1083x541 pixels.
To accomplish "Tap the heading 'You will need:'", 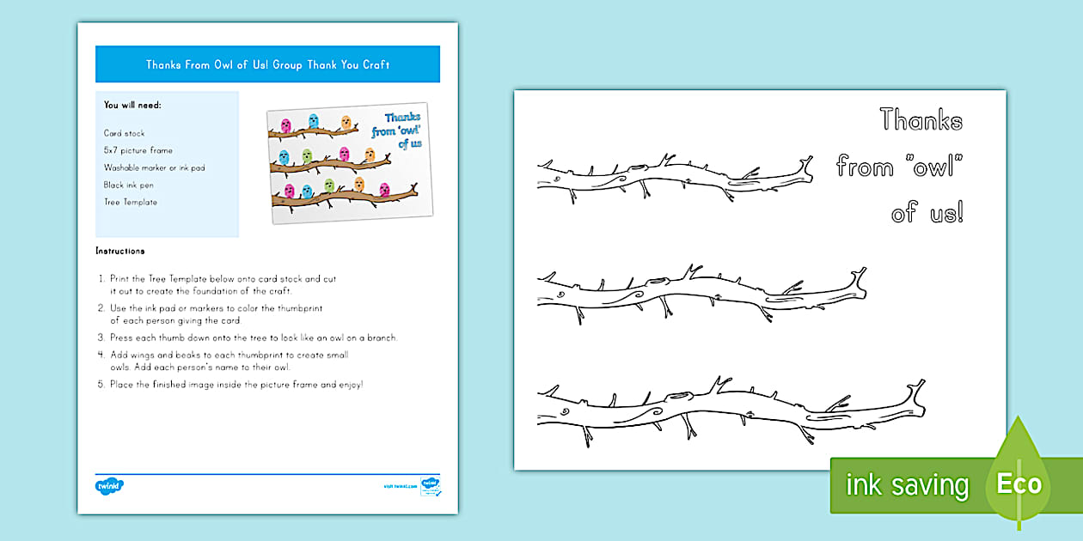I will pos(132,105).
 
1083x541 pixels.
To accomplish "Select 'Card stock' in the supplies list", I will pos(125,133).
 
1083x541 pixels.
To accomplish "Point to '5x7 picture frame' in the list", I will pos(138,150).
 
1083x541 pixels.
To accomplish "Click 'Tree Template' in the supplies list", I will pos(131,202).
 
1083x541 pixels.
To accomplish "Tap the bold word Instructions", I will pos(120,251).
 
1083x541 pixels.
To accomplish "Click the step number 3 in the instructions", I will pos(101,337).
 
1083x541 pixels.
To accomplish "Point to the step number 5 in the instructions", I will pos(101,384).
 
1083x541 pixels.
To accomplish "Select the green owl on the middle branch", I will pos(307,156).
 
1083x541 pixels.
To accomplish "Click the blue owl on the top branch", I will pos(314,121).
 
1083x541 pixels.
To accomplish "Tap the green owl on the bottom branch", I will pos(328,185).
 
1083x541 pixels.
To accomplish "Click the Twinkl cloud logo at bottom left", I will pos(109,486).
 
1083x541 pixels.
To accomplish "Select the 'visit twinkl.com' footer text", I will pos(401,486).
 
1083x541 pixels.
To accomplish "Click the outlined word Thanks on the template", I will pos(921,119).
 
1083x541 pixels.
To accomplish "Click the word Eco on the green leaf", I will pos(1019,483).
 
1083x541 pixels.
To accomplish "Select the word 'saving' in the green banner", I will pos(933,485).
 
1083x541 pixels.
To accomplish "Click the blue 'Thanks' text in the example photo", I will pos(402,118).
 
